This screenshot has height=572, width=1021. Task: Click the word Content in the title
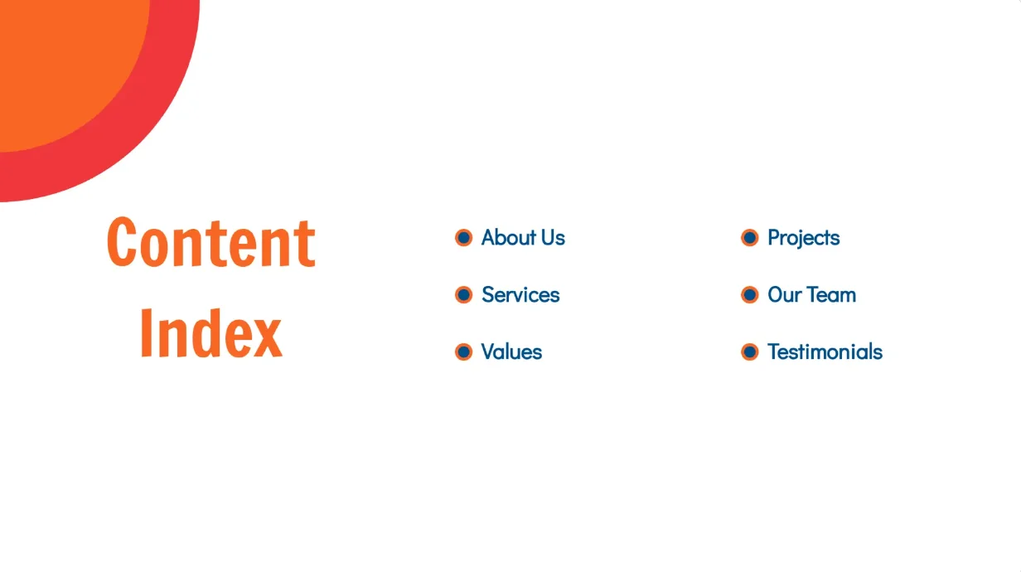pos(210,242)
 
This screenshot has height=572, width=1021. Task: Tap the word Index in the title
pos(210,333)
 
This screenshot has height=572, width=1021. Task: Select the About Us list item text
pos(523,238)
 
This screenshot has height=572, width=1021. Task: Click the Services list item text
pos(520,295)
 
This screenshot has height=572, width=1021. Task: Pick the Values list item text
pos(511,352)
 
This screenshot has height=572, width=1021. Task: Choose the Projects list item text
pos(803,238)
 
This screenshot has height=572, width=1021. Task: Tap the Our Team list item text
pos(811,295)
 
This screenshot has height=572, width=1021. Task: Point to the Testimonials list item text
pos(825,352)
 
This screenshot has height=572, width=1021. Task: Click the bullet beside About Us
pos(464,238)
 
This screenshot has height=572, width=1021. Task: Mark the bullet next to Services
pos(464,295)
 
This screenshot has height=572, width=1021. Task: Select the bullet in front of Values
pos(464,352)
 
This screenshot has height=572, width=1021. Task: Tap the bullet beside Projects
pos(750,238)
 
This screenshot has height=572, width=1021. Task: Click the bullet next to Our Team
pos(750,295)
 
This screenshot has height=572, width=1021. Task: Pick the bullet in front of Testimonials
pos(750,352)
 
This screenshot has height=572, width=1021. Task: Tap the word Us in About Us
pos(551,238)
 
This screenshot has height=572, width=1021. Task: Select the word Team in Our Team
pos(833,295)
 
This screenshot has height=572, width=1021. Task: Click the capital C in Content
pos(123,242)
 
